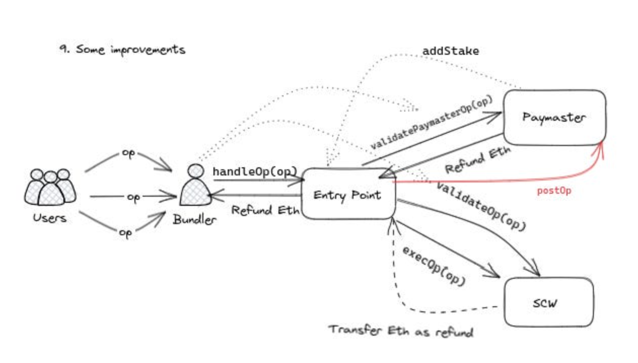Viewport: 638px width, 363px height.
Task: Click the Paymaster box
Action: pyautogui.click(x=554, y=117)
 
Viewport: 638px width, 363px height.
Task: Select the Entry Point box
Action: pyautogui.click(x=348, y=195)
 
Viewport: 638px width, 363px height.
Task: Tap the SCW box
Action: pyautogui.click(x=548, y=303)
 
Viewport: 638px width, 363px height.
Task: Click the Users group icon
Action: pyautogui.click(x=50, y=188)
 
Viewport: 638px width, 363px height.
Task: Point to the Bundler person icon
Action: pyautogui.click(x=195, y=186)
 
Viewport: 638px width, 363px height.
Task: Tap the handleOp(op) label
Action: pyautogui.click(x=255, y=171)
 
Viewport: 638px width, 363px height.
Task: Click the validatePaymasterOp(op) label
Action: pyautogui.click(x=432, y=123)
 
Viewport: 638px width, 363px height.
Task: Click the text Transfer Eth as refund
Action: pyautogui.click(x=401, y=331)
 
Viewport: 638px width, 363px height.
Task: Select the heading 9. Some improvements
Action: pyautogui.click(x=122, y=50)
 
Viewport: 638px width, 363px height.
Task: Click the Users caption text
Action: pyautogui.click(x=50, y=218)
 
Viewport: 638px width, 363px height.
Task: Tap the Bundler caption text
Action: pyautogui.click(x=195, y=220)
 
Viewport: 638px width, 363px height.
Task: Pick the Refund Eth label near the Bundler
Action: pyautogui.click(x=265, y=209)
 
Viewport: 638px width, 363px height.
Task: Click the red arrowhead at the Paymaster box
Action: pyautogui.click(x=600, y=148)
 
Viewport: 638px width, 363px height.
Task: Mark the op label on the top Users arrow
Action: pyautogui.click(x=128, y=154)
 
